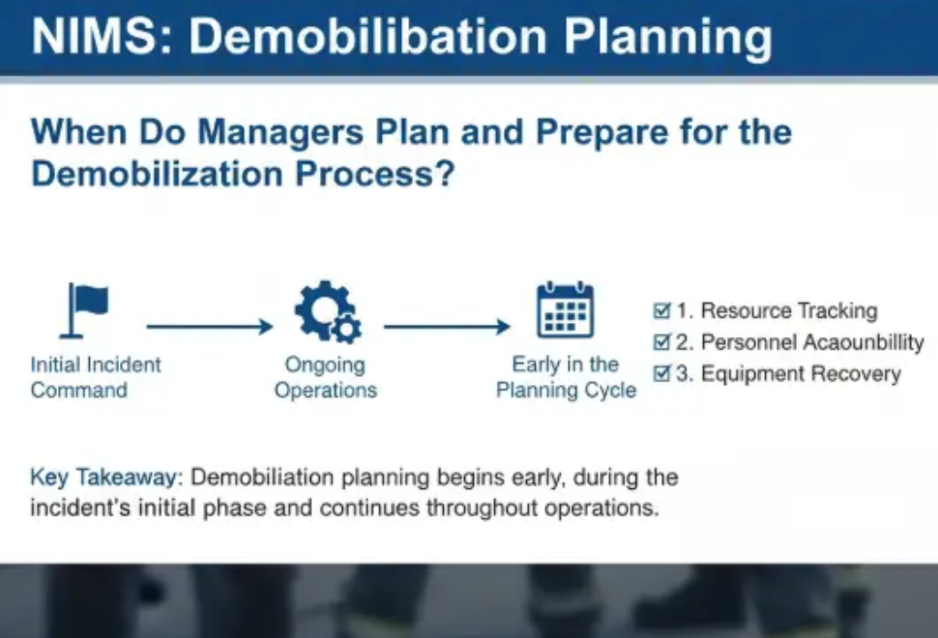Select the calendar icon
point(566,309)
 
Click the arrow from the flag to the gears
point(210,327)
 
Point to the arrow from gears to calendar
point(447,327)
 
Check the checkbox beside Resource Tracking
point(661,310)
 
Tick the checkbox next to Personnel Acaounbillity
point(661,342)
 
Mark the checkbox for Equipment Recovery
point(661,374)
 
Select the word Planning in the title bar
point(668,37)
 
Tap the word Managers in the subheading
point(280,132)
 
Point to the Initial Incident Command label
point(96,377)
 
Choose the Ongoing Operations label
point(326,377)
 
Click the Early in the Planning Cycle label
point(566,377)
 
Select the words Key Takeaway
point(105,478)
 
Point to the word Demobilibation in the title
point(368,36)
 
